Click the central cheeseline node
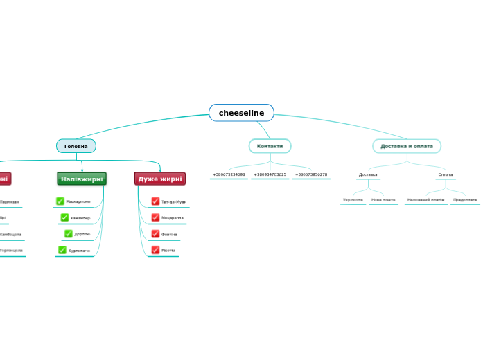[x=241, y=113]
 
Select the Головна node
[x=76, y=146]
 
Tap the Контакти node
[x=270, y=146]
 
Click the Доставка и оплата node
[x=407, y=146]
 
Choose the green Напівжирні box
[x=82, y=179]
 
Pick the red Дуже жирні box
[x=160, y=179]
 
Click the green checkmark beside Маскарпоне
[x=60, y=201]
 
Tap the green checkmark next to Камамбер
[x=64, y=218]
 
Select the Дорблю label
[x=82, y=234]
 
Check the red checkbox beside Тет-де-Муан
[x=155, y=201]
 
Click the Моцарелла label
[x=172, y=217]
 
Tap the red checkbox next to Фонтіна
[x=155, y=234]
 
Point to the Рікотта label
[x=168, y=250]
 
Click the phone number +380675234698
[x=229, y=174]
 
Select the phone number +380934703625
[x=270, y=174]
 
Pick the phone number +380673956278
[x=311, y=174]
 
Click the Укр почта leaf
[x=353, y=200]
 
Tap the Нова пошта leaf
[x=383, y=200]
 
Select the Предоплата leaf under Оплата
[x=465, y=200]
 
